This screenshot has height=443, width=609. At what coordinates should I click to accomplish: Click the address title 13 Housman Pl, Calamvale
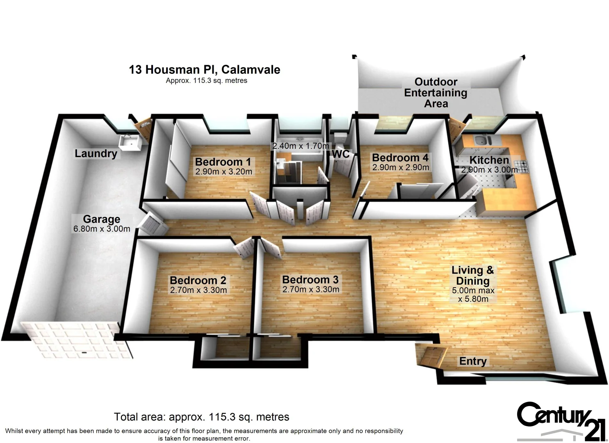click(204, 69)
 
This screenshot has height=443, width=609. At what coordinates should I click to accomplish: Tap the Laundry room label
click(96, 153)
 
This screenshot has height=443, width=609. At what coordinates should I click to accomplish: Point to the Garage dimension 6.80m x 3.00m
click(101, 229)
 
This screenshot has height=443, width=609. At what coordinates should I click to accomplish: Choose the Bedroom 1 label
click(223, 162)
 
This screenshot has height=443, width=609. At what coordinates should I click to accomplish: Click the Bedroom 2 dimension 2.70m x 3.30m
click(198, 290)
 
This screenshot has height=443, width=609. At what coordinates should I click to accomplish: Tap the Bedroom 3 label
click(310, 279)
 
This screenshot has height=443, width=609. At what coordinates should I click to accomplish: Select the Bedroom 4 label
click(400, 158)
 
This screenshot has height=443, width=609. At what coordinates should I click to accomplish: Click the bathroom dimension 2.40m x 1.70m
click(301, 146)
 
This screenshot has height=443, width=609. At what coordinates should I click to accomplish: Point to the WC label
click(340, 154)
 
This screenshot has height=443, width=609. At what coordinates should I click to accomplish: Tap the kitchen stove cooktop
click(522, 167)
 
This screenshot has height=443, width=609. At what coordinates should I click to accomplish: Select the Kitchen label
click(489, 160)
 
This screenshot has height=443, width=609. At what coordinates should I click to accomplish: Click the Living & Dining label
click(472, 275)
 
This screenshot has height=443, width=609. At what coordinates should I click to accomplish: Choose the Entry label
click(472, 361)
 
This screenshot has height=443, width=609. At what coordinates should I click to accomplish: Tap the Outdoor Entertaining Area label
click(436, 93)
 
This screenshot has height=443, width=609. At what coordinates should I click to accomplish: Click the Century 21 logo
click(561, 421)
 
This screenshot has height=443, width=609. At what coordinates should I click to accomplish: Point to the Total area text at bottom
click(201, 417)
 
